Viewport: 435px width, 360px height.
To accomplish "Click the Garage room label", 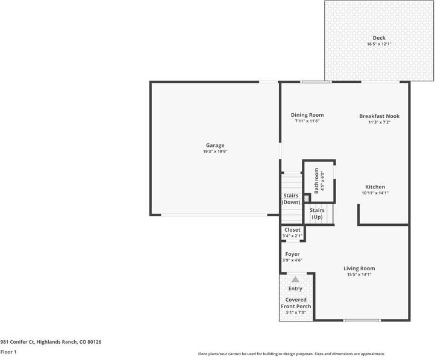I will coord(215,145).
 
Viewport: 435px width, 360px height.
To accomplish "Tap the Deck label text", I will coord(379,38).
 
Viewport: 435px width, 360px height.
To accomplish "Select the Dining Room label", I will coord(307,115).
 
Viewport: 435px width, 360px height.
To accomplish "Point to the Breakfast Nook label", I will coord(379,116).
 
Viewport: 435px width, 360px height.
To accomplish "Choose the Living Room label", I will coord(359,268).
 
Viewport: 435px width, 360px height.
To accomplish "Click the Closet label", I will coord(292,230).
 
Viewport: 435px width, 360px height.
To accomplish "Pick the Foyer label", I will coord(292,254).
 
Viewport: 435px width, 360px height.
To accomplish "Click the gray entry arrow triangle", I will coord(295,279).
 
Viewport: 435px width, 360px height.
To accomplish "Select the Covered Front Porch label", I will coord(296,303).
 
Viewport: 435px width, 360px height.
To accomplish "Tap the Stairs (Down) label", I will coord(291,199).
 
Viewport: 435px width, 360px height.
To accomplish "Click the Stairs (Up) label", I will coord(317,213).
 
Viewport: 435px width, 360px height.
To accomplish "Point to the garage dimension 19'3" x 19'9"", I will coord(215,152).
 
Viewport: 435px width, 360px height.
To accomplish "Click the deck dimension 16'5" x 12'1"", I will coord(379,44).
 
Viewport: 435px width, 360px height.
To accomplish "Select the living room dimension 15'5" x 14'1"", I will coord(359,275).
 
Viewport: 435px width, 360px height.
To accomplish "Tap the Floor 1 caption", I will coord(8,352).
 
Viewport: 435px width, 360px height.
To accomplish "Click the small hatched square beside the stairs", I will coord(307,197).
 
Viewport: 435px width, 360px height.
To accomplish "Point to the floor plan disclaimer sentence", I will coord(292,354).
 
